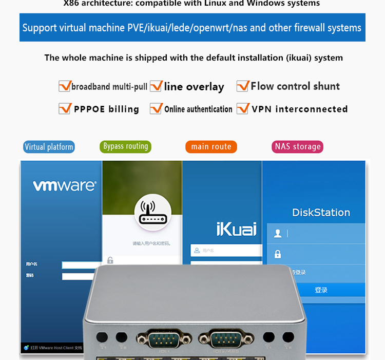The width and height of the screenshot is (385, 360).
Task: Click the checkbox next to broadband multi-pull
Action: pos(65,86)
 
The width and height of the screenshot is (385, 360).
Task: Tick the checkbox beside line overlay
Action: pos(156,86)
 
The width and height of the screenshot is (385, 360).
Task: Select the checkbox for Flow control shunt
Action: pos(243,86)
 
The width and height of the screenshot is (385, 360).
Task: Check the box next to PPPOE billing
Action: pos(65,109)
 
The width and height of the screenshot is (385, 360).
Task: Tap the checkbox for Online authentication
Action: pos(156,109)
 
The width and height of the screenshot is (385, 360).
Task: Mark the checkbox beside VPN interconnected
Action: pos(243,109)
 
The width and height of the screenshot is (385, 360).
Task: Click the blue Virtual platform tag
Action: pos(49,147)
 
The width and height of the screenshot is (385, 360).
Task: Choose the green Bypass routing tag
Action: pos(125,146)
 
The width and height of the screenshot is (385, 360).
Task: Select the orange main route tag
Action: pos(211,147)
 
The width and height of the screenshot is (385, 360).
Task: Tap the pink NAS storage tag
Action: pos(298,147)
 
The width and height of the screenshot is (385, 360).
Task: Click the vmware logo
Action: pos(64,185)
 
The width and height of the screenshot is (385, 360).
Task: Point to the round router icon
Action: pos(152,211)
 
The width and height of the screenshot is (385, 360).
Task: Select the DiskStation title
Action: pos(321,213)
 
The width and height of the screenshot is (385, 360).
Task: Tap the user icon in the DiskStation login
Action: pos(278,234)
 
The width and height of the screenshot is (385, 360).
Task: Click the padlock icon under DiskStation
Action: pos(278,254)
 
